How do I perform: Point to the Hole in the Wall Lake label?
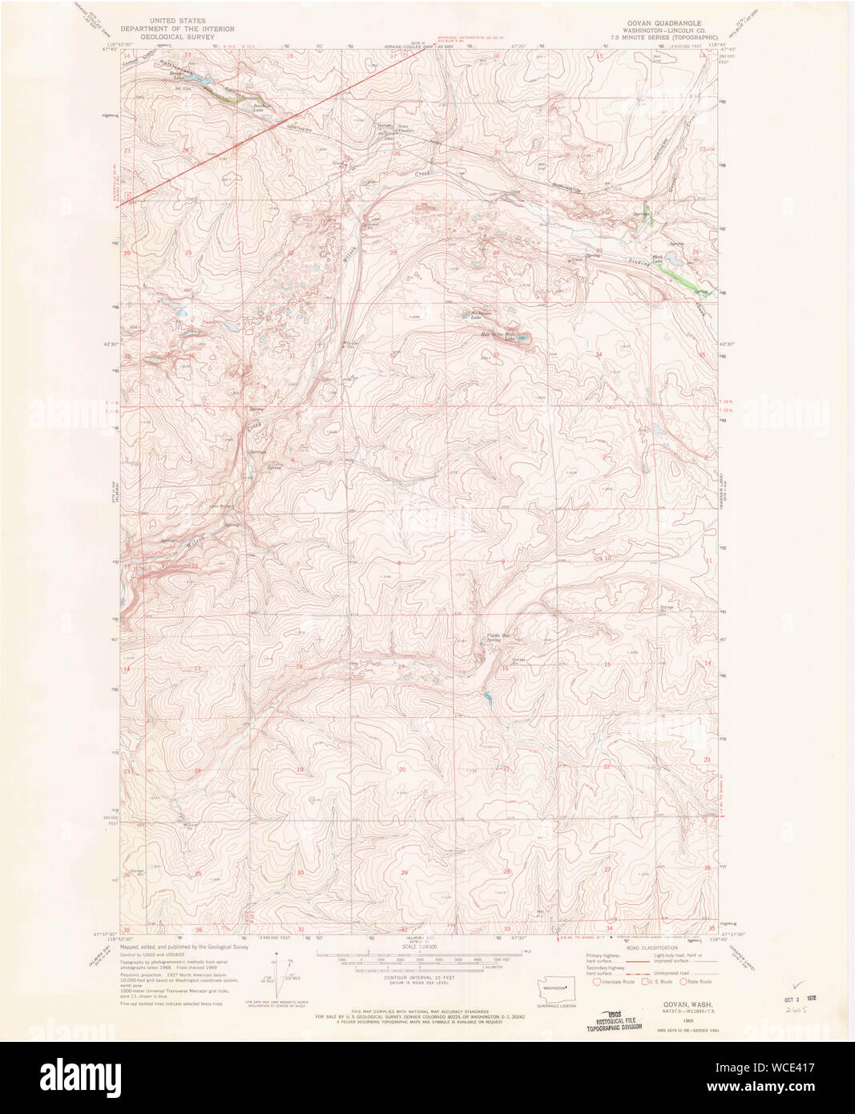coord(498,335)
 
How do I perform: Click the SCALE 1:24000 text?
coord(420,946)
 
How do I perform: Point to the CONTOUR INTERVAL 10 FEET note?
coord(420,979)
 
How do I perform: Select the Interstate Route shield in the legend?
coord(597,981)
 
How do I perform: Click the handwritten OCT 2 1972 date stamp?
coord(803,999)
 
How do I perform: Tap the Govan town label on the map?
coord(383,126)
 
